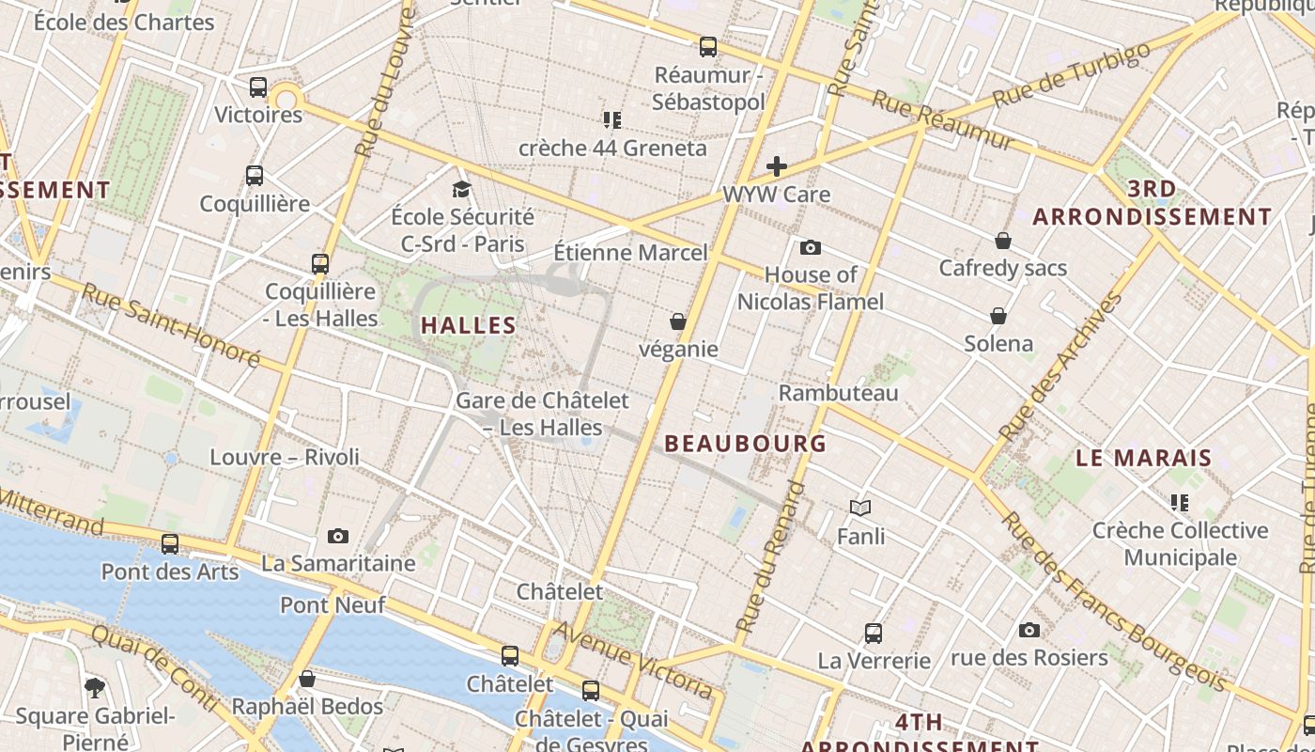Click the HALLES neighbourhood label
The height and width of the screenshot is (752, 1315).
click(x=468, y=326)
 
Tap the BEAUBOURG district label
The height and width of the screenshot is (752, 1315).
click(x=746, y=444)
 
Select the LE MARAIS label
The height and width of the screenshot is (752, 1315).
click(x=1143, y=459)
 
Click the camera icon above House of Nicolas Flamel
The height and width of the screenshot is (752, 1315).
click(x=810, y=248)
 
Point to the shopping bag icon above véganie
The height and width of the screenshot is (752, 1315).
click(x=678, y=322)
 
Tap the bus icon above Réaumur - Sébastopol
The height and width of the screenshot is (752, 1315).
click(x=708, y=46)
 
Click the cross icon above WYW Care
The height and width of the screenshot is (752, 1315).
click(x=776, y=167)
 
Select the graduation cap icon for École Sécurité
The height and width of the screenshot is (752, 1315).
click(x=461, y=190)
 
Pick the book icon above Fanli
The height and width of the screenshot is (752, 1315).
click(x=860, y=509)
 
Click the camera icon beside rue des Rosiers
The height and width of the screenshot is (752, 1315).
click(x=1029, y=630)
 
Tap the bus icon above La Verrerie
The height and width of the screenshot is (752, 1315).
click(x=874, y=634)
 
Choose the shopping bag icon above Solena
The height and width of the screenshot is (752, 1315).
click(x=998, y=316)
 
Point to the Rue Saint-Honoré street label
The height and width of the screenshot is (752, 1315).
click(x=170, y=324)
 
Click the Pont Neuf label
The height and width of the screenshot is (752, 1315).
click(x=333, y=604)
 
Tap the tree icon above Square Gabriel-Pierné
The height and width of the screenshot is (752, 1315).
click(x=94, y=687)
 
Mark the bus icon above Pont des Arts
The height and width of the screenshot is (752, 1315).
click(x=170, y=543)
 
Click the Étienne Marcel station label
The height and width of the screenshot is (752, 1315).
click(x=630, y=253)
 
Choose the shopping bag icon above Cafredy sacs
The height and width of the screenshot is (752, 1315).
click(x=1003, y=241)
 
